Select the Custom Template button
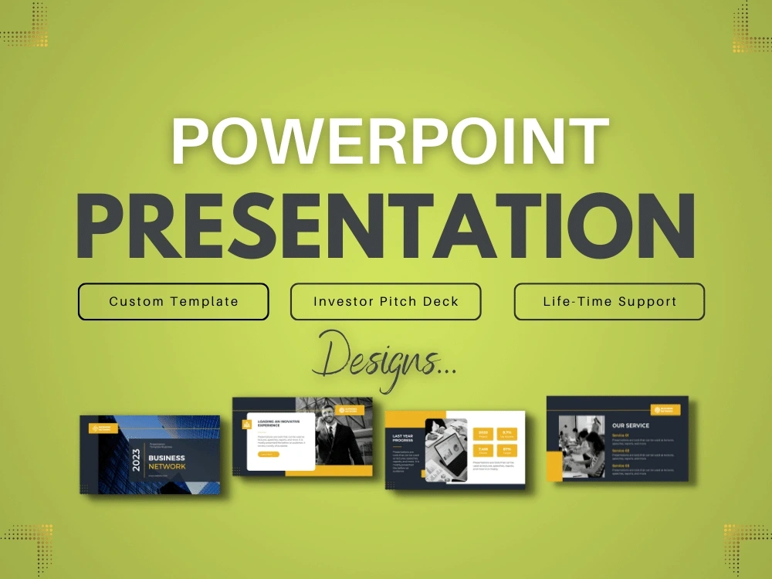point(174,301)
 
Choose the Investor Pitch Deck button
point(386,301)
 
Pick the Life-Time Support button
point(609,301)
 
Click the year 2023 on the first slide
point(137,460)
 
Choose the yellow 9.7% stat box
point(507,435)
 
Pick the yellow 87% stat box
point(507,450)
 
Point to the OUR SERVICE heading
point(631,425)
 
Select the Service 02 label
point(621,451)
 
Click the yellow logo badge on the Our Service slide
point(665,410)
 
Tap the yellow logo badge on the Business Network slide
point(103,428)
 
